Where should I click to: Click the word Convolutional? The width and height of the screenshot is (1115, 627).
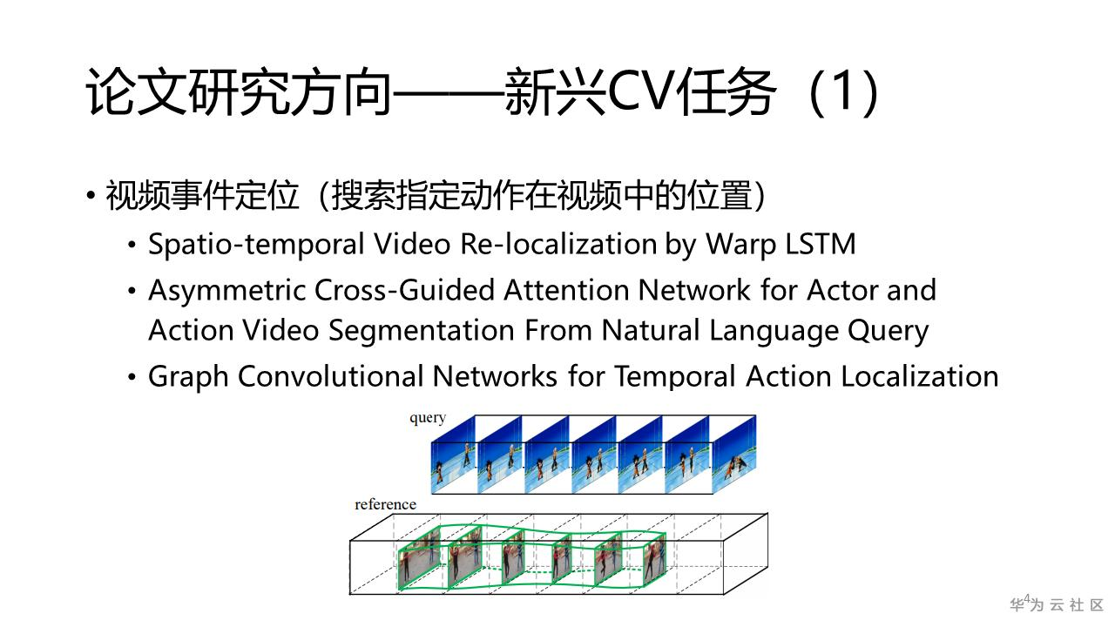click(331, 376)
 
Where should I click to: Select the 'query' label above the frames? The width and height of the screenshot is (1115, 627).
click(428, 418)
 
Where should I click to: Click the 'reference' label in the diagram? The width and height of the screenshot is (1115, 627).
click(385, 504)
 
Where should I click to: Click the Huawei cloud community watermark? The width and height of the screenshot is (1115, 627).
click(1057, 604)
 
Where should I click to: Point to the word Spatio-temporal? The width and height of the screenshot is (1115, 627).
click(256, 245)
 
